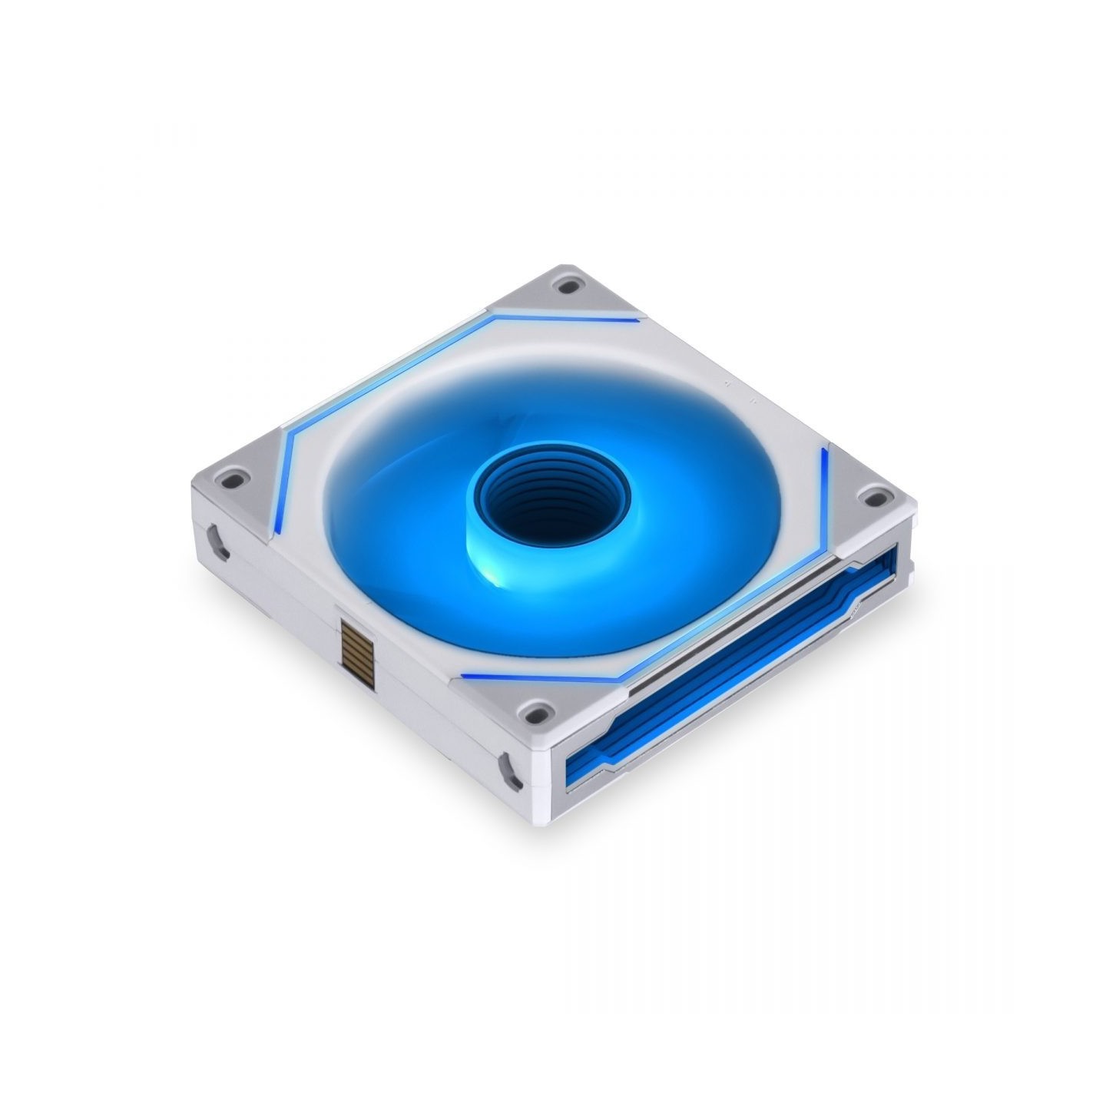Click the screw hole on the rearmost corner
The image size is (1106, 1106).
coord(568,287)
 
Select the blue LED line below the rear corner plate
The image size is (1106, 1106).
coord(568,317)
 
